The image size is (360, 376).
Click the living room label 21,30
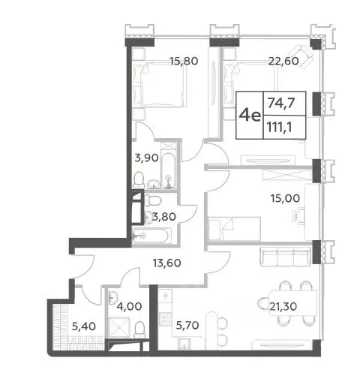[x=283, y=306]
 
